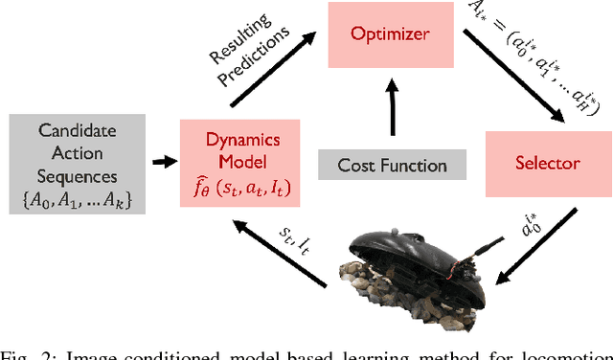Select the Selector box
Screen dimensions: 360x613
pos(541,162)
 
